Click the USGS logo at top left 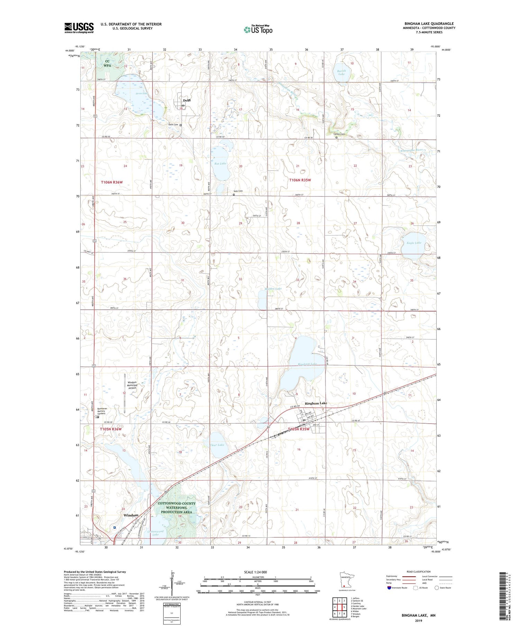point(79,28)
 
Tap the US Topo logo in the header point(258,29)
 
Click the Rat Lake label point(220,163)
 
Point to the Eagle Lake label point(414,243)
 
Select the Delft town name point(187,100)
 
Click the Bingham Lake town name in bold point(316,403)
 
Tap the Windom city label point(131,515)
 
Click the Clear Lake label point(217,445)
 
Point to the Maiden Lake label point(273,289)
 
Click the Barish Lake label point(341,72)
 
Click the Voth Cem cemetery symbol point(234,195)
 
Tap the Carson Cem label point(339,134)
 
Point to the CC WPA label point(108,63)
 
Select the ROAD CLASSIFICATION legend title point(418,572)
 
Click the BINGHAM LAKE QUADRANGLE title point(429,24)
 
